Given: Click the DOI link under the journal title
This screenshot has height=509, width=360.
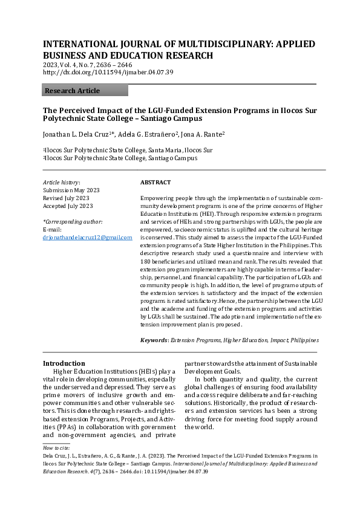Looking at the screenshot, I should pyautogui.click(x=108, y=72).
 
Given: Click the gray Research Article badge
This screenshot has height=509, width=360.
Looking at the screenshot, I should pyautogui.click(x=85, y=91).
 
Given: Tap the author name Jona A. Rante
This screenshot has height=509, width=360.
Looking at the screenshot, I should pyautogui.click(x=205, y=133).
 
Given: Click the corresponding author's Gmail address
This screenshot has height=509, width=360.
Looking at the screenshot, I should pyautogui.click(x=88, y=238).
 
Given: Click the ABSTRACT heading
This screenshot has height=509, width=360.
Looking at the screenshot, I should pyautogui.click(x=155, y=182).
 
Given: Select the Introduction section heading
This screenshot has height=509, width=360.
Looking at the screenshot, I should pyautogui.click(x=64, y=363).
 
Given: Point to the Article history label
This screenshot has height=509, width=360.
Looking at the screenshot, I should pyautogui.click(x=61, y=182).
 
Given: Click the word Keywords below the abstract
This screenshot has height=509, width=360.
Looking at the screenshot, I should pyautogui.click(x=154, y=340).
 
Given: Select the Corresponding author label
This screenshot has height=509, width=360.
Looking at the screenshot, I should pyautogui.click(x=73, y=222).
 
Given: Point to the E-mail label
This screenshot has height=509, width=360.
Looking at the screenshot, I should pyautogui.click(x=53, y=230).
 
